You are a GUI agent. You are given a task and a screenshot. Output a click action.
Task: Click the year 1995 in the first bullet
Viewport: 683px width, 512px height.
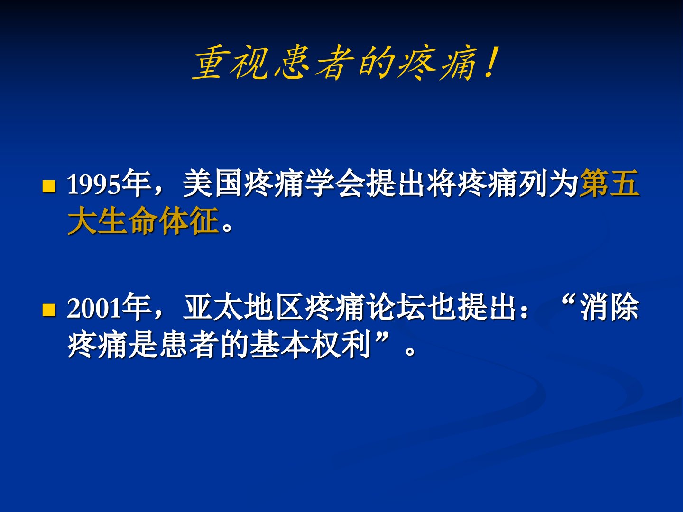click(93, 184)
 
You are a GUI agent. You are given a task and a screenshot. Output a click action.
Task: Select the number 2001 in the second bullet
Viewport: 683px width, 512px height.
click(93, 308)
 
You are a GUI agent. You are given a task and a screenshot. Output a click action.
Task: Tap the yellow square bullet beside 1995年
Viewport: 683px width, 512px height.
click(49, 186)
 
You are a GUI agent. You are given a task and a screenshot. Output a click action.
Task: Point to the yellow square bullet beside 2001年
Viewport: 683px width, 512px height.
click(49, 310)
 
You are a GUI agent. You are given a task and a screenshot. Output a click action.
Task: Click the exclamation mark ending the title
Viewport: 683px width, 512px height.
click(489, 62)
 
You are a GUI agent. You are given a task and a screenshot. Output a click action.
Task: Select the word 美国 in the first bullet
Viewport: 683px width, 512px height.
click(212, 183)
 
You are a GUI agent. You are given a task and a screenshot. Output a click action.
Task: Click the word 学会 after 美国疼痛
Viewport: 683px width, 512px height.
click(334, 183)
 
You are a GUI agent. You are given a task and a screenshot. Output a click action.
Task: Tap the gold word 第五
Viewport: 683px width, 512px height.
click(609, 183)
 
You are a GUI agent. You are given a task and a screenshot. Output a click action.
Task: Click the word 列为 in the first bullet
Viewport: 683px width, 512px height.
click(548, 183)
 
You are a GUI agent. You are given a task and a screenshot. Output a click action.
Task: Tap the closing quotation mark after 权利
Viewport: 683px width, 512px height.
click(383, 337)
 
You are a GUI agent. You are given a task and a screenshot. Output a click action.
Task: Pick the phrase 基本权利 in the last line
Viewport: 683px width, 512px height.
click(311, 344)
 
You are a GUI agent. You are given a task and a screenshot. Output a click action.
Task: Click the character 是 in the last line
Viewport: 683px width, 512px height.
click(143, 344)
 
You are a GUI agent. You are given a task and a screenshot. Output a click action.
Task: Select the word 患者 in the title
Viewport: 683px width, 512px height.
click(314, 64)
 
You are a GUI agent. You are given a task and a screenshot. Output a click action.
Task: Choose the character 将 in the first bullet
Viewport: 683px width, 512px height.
click(441, 183)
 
